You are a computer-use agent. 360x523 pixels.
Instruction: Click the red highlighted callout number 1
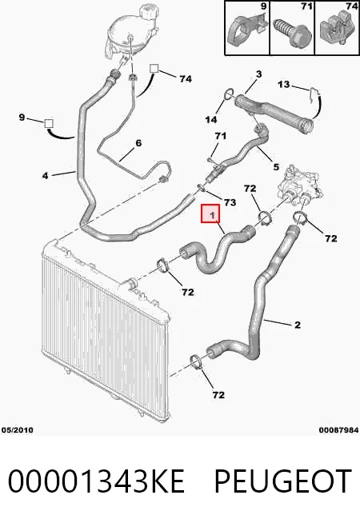pyautogui.click(x=210, y=214)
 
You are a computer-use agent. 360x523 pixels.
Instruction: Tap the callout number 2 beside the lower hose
pyautogui.click(x=298, y=324)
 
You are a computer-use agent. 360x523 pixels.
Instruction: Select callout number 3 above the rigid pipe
pyautogui.click(x=259, y=74)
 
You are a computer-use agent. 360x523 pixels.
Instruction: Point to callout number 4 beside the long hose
pyautogui.click(x=45, y=175)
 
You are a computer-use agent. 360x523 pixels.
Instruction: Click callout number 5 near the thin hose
pyautogui.click(x=276, y=166)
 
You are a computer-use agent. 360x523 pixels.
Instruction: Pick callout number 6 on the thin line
pyautogui.click(x=138, y=143)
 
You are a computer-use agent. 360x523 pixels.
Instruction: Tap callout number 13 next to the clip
pyautogui.click(x=283, y=84)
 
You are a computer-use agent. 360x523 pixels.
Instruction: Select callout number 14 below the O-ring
pyautogui.click(x=211, y=119)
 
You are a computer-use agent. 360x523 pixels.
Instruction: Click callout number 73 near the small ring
pyautogui.click(x=230, y=202)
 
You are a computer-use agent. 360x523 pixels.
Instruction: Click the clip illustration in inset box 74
pyautogui.click(x=337, y=32)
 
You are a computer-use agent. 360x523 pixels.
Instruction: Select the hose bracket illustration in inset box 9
pyautogui.click(x=247, y=30)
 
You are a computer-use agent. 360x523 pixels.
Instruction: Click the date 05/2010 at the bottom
pyautogui.click(x=18, y=430)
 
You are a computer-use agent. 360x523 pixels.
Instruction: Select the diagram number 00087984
pyautogui.click(x=338, y=430)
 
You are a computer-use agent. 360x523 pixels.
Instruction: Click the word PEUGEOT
pyautogui.click(x=282, y=481)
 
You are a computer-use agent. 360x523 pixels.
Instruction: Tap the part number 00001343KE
pyautogui.click(x=97, y=481)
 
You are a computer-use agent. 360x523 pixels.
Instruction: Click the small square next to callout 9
pyautogui.click(x=49, y=123)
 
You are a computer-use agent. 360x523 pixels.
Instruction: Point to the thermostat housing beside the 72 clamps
pyautogui.click(x=300, y=187)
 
